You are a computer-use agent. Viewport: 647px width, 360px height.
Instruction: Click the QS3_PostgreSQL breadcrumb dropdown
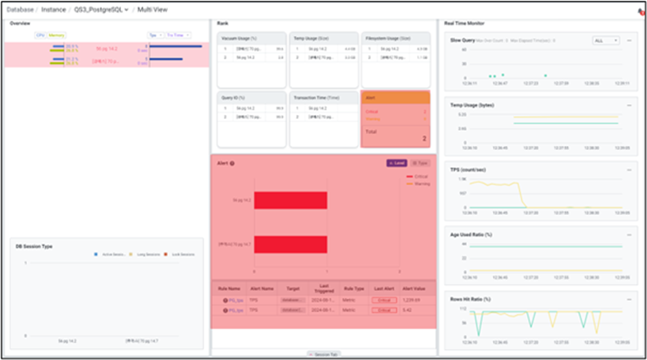pos(102,10)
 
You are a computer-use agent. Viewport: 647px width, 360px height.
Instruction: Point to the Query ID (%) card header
pos(233,98)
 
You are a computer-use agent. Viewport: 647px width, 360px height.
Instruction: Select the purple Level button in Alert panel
pos(397,163)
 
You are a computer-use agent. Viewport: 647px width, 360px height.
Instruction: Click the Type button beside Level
pos(418,163)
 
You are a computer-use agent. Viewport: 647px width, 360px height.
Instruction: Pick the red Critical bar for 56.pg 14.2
pos(290,200)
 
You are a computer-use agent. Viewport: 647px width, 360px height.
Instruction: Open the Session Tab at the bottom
pos(323,354)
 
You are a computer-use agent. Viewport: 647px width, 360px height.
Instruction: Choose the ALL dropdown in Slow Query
pos(606,41)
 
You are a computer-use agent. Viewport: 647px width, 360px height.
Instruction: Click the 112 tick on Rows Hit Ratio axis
pos(464,308)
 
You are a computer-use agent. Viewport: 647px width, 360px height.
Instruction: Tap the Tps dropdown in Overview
pos(155,34)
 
